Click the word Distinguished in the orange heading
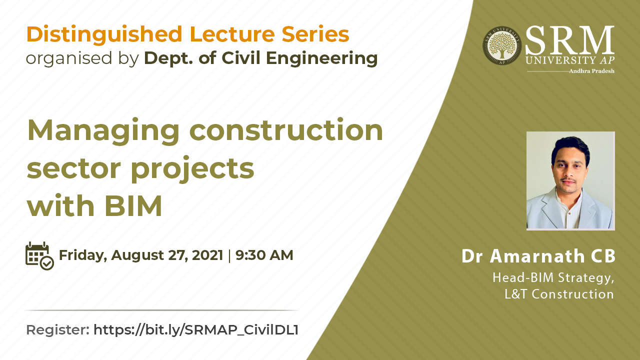104,35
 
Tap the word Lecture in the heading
232,34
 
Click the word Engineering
321,59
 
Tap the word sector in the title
74,168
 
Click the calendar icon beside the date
39,255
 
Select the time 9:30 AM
264,255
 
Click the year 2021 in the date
207,255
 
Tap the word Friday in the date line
83,255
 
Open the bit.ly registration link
196,330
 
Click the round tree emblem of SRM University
502,45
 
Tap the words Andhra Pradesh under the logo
591,71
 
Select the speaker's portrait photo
570,180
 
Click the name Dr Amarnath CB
538,256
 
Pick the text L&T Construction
559,294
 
